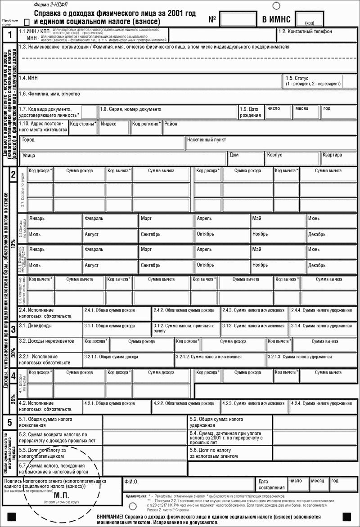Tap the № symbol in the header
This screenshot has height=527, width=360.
pyautogui.click(x=212, y=20)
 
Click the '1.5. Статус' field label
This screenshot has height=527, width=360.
pyautogui.click(x=297, y=78)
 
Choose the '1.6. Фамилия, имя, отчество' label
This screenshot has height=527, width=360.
pyautogui.click(x=49, y=94)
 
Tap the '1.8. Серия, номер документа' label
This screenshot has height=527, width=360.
pyautogui.click(x=130, y=109)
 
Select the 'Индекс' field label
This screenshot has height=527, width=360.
pyautogui.click(x=109, y=124)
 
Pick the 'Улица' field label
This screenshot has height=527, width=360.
pyautogui.click(x=29, y=156)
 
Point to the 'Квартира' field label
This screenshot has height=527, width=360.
pyautogui.click(x=332, y=155)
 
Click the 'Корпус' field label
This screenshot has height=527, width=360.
pyautogui.click(x=274, y=155)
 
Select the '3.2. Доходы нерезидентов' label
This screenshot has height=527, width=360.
pyautogui.click(x=46, y=341)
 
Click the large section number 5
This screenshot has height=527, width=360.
pyautogui.click(x=10, y=422)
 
